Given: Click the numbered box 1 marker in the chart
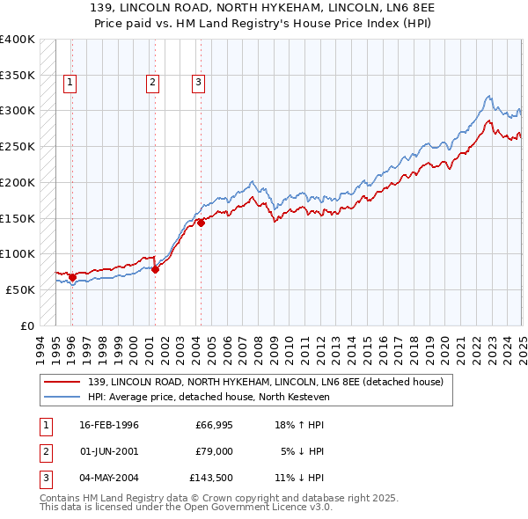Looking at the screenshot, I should coord(70,83).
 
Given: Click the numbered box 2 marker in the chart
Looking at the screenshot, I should coord(152,83).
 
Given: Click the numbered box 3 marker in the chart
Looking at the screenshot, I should coord(198,83).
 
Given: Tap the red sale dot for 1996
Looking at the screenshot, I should coord(72,277).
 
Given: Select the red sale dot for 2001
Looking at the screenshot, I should coord(155,269).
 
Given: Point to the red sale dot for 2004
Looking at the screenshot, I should coord(201,223).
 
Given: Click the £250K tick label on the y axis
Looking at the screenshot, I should coord(18,146).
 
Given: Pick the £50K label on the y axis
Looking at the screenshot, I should coord(20,289).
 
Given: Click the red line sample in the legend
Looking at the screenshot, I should coord(62,382).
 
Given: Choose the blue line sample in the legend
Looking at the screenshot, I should coord(62,397).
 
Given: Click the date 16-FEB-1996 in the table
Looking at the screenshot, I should coord(108,426).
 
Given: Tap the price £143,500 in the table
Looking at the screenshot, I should coord(211,478).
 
